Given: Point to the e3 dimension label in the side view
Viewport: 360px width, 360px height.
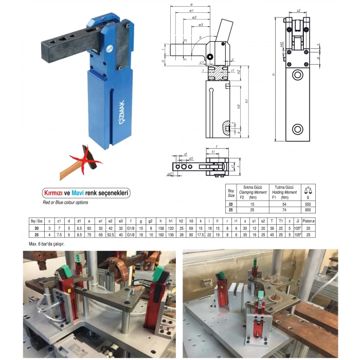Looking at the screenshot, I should (200, 25).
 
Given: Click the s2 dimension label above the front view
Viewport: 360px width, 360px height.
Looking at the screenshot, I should (298, 10).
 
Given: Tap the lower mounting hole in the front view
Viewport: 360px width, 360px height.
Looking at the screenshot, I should (297, 129).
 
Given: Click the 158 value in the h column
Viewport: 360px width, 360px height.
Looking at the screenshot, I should (161, 228).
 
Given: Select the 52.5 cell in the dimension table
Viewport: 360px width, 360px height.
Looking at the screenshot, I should (110, 235).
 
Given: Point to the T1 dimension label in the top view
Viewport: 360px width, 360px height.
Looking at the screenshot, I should (212, 153).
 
